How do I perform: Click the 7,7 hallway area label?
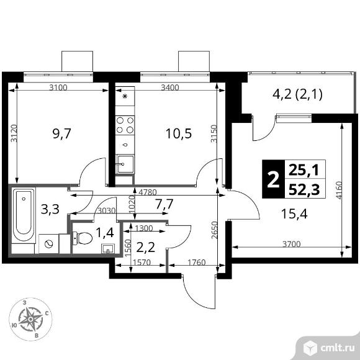coord(164,204)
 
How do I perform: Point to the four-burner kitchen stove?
coord(126,125)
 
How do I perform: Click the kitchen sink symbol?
coord(125,164)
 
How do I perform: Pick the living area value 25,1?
coord(303,168)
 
